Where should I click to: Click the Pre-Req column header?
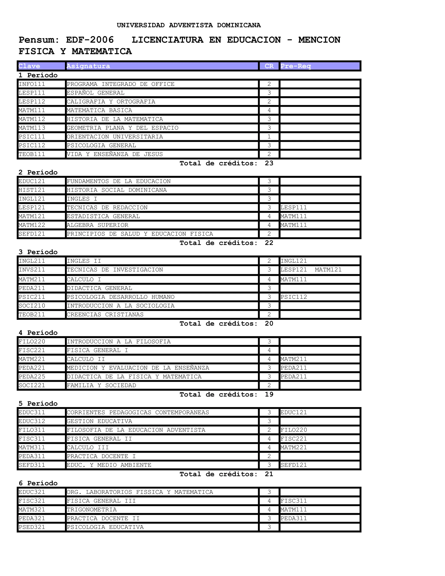[x=296, y=66]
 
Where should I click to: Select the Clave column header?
[x=29, y=66]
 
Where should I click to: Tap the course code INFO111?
[x=32, y=84]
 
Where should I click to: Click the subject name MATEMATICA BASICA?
[x=99, y=110]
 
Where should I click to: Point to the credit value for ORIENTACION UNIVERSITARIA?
[x=269, y=137]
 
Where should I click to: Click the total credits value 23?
[x=269, y=163]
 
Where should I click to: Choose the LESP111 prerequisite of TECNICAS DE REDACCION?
[x=294, y=208]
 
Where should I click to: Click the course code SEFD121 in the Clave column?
[x=32, y=234]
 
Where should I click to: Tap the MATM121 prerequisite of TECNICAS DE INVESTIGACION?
[x=328, y=270]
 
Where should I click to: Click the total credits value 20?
[x=269, y=324]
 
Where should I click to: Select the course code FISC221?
[x=32, y=350]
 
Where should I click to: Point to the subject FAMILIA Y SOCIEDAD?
[x=101, y=385]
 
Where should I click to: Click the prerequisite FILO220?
[x=294, y=430]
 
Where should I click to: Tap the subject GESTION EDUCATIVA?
[x=99, y=421]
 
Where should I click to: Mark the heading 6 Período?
[x=38, y=483]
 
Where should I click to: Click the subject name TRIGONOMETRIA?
[x=91, y=509]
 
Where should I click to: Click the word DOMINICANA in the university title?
[x=239, y=25]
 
